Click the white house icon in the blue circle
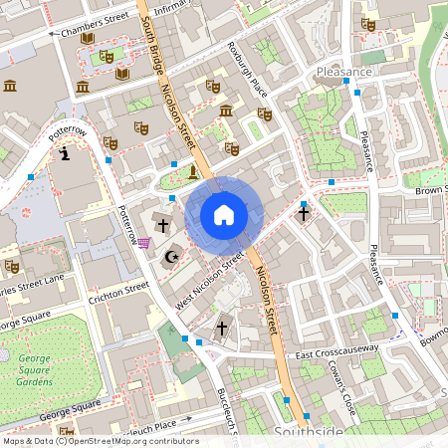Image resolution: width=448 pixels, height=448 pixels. tap(224, 214)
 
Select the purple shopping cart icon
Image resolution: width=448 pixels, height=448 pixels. tap(144, 242)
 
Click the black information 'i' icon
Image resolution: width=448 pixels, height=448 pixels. tap(66, 153)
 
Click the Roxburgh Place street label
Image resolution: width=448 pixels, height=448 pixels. tap(248, 69)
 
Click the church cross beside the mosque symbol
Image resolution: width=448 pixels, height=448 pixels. tap(162, 227)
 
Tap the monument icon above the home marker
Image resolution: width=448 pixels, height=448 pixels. tap(193, 172)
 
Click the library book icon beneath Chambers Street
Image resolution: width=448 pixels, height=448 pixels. tap(88, 39)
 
